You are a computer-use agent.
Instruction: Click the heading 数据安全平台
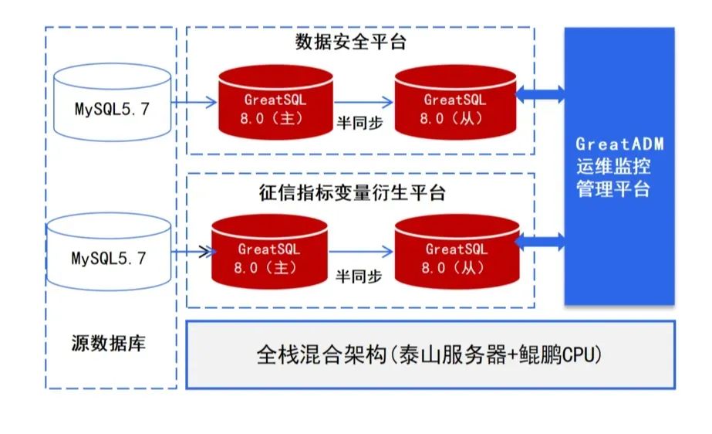[350, 42]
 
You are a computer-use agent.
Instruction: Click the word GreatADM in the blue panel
[619, 144]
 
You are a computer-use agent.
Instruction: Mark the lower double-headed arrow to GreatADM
[542, 242]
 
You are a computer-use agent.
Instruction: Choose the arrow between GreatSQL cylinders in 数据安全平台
[363, 101]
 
